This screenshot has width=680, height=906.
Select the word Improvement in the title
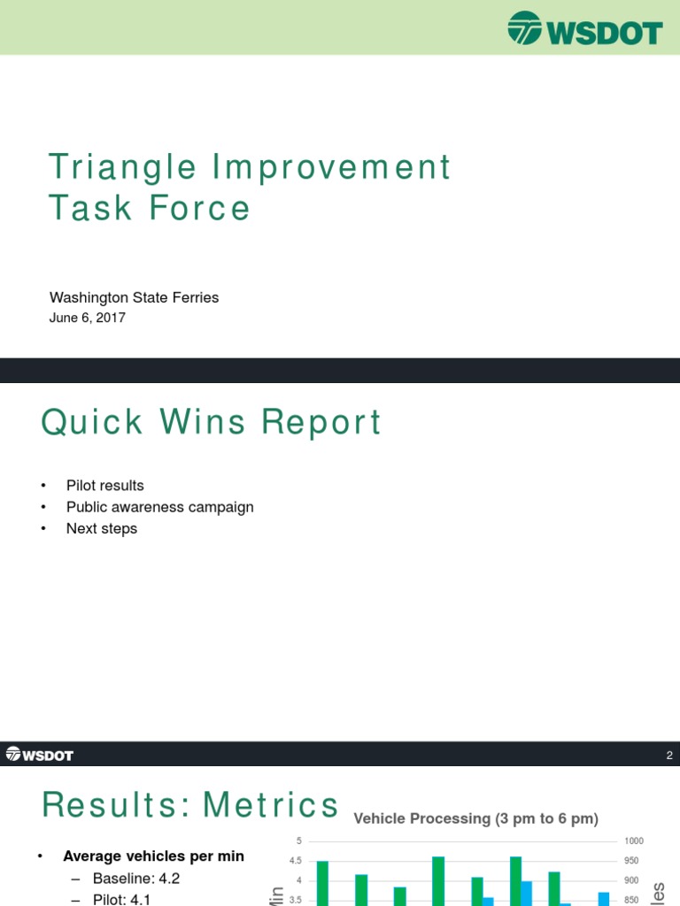329,167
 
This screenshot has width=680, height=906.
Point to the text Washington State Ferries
134,297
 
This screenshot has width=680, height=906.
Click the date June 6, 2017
87,318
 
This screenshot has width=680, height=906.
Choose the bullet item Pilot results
104,486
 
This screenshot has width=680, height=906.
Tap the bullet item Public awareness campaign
159,507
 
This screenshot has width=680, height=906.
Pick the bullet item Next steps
101,528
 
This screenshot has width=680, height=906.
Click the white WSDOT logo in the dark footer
39,755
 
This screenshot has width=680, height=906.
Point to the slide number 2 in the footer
669,756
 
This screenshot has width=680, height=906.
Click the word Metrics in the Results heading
271,805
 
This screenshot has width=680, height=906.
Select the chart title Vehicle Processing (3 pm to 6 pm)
476,818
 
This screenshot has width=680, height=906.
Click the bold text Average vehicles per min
153,856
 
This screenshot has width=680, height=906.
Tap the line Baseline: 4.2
135,879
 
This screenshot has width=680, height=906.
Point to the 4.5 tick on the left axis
295,861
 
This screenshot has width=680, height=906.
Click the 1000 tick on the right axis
634,841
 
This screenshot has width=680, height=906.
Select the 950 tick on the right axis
632,861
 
